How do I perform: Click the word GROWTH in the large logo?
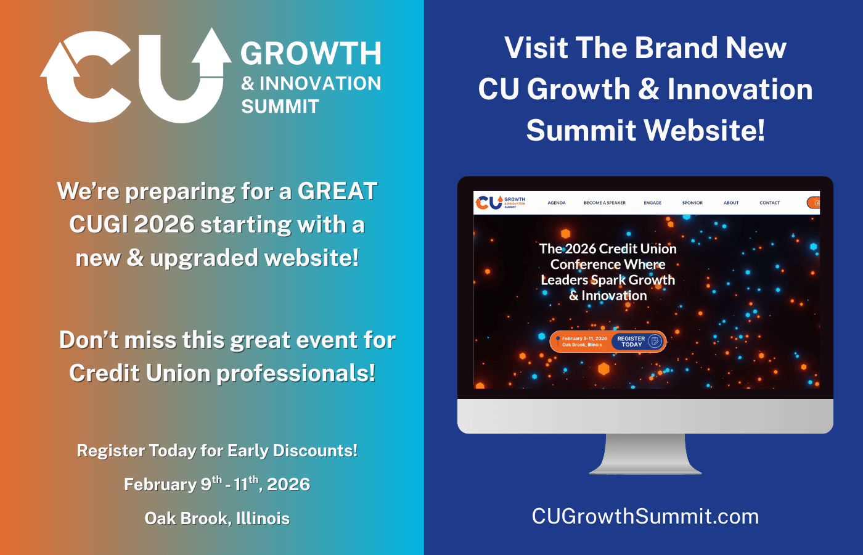(x=311, y=54)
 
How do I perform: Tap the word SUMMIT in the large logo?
(x=280, y=107)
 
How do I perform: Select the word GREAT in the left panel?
(x=337, y=191)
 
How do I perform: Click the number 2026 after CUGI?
(x=164, y=224)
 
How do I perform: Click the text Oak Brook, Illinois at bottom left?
(x=217, y=519)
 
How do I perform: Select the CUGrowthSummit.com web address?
(x=645, y=516)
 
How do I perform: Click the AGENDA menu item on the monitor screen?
(x=557, y=203)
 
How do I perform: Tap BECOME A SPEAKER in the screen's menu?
(x=605, y=203)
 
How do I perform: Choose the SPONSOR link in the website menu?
(x=692, y=203)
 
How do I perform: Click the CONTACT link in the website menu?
(x=769, y=203)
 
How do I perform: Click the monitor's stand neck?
(x=645, y=453)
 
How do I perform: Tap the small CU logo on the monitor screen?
(x=489, y=202)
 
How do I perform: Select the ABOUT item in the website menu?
(x=731, y=203)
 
